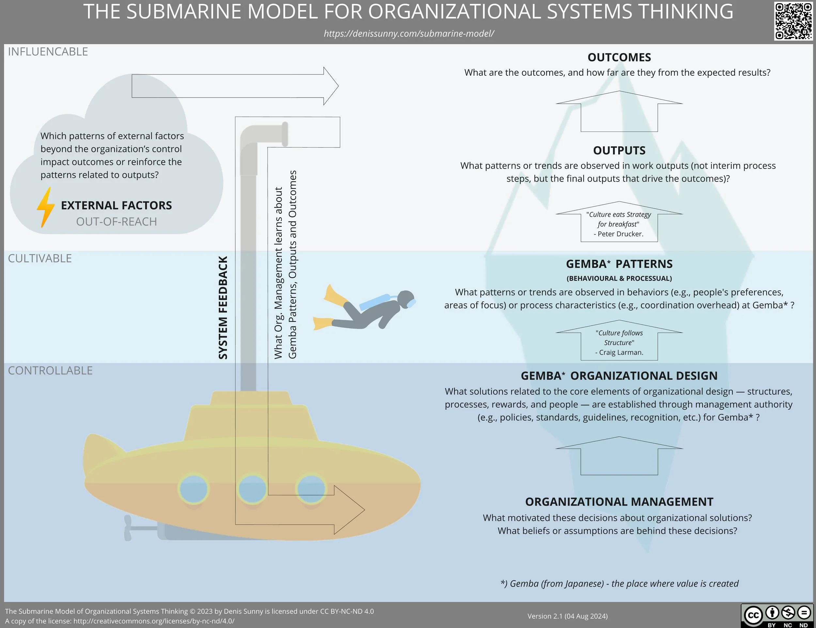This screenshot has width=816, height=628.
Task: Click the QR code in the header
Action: point(793,21)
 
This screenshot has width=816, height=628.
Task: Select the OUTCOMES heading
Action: point(619,57)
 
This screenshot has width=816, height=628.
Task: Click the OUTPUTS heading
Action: point(619,150)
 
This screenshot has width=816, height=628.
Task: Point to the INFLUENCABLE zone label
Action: point(48,52)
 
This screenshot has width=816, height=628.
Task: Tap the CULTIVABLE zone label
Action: point(39,259)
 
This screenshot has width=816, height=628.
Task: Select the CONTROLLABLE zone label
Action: point(50,370)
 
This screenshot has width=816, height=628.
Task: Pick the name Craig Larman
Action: point(621,353)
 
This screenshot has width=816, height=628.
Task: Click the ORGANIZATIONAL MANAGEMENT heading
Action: point(619,502)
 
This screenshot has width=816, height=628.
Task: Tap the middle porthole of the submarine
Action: point(252,489)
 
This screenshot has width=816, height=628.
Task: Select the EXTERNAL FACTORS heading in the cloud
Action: point(116,206)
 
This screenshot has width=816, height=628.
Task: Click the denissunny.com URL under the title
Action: point(409,34)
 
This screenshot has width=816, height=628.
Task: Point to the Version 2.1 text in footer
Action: point(568,616)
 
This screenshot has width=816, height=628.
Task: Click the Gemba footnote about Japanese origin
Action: point(620,584)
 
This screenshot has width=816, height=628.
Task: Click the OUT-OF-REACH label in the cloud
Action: point(116,222)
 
